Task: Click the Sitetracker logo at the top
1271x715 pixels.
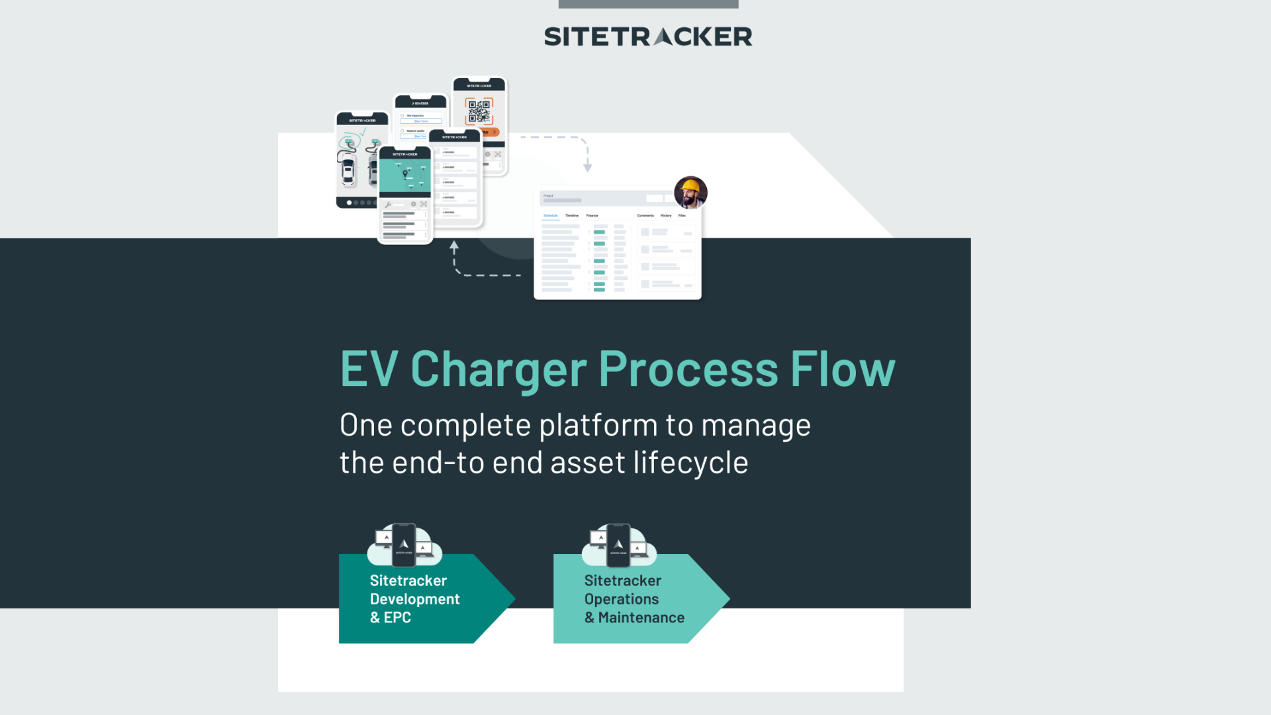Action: click(647, 36)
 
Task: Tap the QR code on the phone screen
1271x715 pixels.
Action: click(479, 111)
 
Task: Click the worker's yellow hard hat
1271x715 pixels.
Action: click(690, 185)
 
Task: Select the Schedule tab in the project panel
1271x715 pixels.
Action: click(550, 216)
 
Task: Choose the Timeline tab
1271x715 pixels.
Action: click(572, 216)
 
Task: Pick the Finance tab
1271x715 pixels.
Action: click(592, 216)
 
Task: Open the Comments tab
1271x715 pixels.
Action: click(645, 216)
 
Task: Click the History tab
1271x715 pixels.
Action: click(666, 216)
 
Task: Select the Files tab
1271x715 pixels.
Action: click(682, 216)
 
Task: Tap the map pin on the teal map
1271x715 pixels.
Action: click(405, 174)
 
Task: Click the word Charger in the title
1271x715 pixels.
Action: click(498, 369)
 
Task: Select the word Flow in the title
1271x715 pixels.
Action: click(842, 369)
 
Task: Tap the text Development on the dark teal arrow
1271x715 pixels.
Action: click(414, 599)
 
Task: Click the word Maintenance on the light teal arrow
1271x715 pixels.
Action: click(641, 618)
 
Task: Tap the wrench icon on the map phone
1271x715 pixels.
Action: click(388, 205)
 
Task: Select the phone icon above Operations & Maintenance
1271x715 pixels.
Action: click(618, 545)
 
